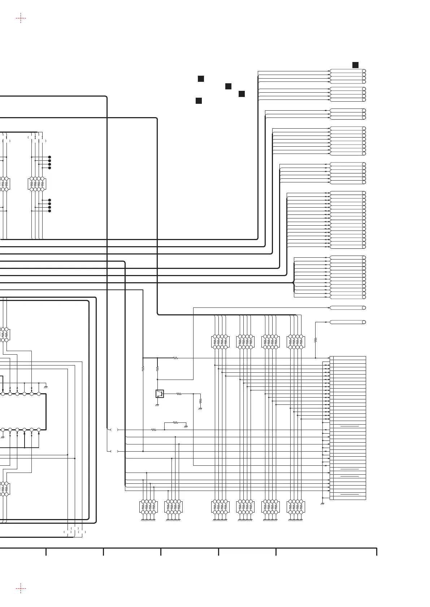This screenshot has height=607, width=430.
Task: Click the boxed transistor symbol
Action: (x=160, y=394)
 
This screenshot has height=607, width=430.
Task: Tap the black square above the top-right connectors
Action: (x=355, y=65)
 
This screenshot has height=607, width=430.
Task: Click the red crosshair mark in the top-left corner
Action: (x=21, y=18)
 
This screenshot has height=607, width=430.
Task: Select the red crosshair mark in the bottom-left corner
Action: (x=21, y=588)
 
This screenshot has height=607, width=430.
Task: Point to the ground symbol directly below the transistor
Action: (x=157, y=405)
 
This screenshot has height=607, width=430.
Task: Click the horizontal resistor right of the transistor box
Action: (x=179, y=394)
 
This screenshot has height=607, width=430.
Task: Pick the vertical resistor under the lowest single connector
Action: (x=316, y=340)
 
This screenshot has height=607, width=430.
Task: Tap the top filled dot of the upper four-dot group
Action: (x=49, y=157)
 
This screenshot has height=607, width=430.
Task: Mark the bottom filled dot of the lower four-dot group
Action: (x=49, y=211)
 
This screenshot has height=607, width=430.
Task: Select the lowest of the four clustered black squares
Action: (x=199, y=101)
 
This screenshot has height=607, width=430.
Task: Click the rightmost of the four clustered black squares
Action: (x=242, y=94)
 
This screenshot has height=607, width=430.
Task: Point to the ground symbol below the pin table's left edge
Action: (x=322, y=503)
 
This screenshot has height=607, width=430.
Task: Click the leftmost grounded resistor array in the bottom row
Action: (x=148, y=506)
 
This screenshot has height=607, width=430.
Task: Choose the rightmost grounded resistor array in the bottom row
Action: (x=296, y=506)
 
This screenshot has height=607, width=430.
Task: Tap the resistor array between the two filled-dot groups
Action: (x=37, y=184)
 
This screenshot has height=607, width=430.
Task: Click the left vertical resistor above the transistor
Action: (x=143, y=369)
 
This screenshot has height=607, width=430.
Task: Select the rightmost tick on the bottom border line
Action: (x=377, y=552)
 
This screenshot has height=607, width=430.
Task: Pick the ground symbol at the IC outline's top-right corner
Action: (x=46, y=387)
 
